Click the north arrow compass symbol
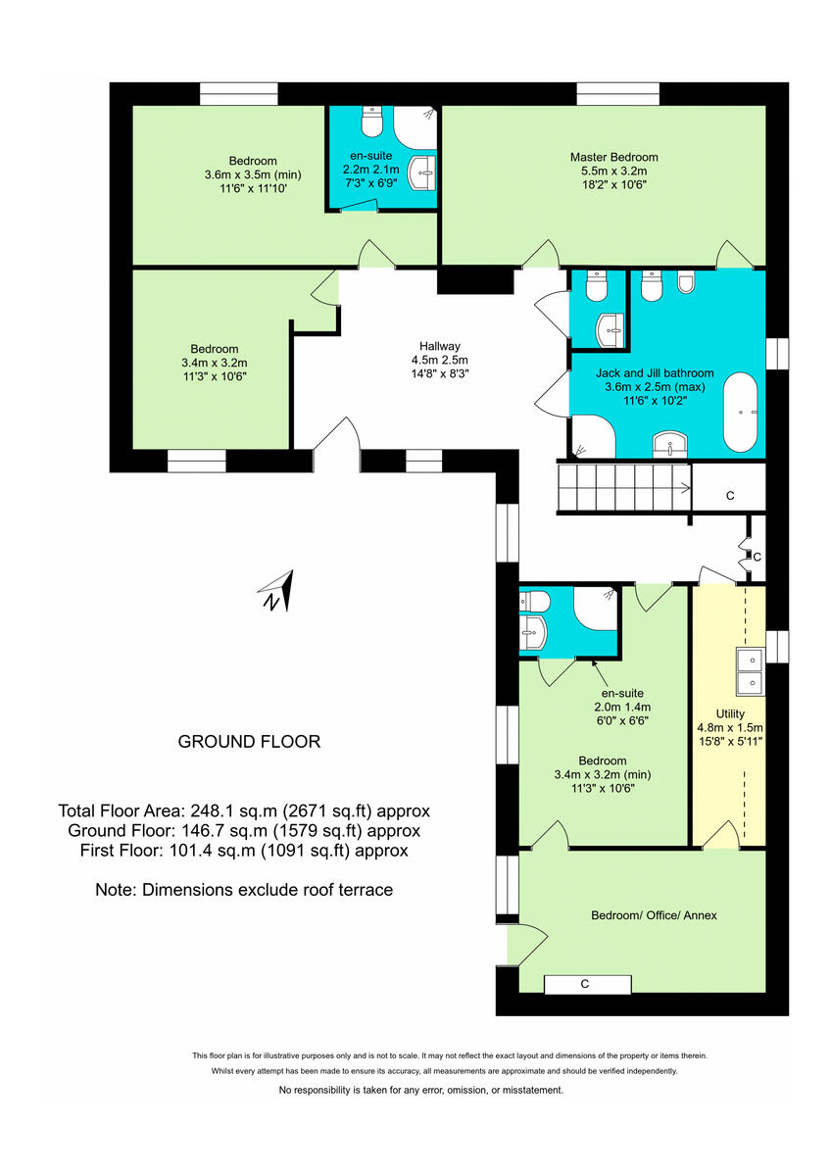coord(276,591)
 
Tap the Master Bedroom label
coord(613,157)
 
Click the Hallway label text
coord(439,346)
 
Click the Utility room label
coord(729,713)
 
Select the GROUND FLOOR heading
coord(248,742)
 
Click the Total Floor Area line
coord(244,811)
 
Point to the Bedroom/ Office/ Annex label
coord(654,915)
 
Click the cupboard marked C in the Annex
coord(584,984)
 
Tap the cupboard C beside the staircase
coord(729,496)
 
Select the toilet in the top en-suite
coord(371,123)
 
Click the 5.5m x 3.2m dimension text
coord(613,171)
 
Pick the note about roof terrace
coord(244,890)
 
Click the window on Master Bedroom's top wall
coord(617,94)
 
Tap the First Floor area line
coord(244,851)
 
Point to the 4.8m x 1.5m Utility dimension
coord(729,727)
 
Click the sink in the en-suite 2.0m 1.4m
coord(534,631)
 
